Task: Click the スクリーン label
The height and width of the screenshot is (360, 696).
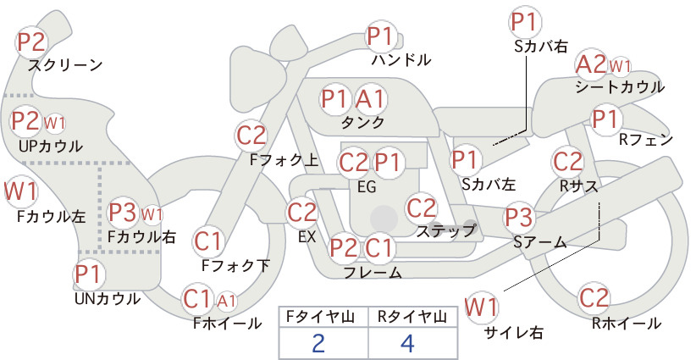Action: tap(65, 65)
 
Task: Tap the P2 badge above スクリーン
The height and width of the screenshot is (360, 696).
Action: tap(31, 42)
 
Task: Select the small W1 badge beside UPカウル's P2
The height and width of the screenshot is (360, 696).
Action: tap(54, 123)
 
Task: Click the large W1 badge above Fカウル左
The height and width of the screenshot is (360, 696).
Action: tap(20, 191)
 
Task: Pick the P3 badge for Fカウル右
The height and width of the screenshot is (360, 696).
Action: tap(123, 213)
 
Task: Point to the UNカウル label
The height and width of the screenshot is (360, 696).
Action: tap(108, 299)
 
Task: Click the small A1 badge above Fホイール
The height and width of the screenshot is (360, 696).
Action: tap(226, 302)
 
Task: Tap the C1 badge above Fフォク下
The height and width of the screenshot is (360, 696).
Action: tap(207, 241)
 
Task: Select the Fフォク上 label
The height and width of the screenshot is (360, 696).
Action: tap(284, 160)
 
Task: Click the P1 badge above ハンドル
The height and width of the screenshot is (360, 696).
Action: tap(380, 36)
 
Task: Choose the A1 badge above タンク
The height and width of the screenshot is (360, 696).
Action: tap(369, 98)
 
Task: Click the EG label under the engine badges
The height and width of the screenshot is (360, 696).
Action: tap(367, 187)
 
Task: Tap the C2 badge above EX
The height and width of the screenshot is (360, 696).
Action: tap(301, 213)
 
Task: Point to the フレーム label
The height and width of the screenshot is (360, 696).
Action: tap(373, 272)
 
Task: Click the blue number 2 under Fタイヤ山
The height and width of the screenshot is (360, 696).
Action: tap(318, 343)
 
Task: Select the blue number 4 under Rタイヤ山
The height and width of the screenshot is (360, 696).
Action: tap(407, 343)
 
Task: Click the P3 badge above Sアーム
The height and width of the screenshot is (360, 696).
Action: tap(518, 218)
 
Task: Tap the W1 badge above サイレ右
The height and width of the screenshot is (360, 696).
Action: tap(481, 307)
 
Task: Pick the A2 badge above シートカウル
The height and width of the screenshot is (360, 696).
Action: tap(591, 64)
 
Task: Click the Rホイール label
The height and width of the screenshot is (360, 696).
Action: tap(627, 324)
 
